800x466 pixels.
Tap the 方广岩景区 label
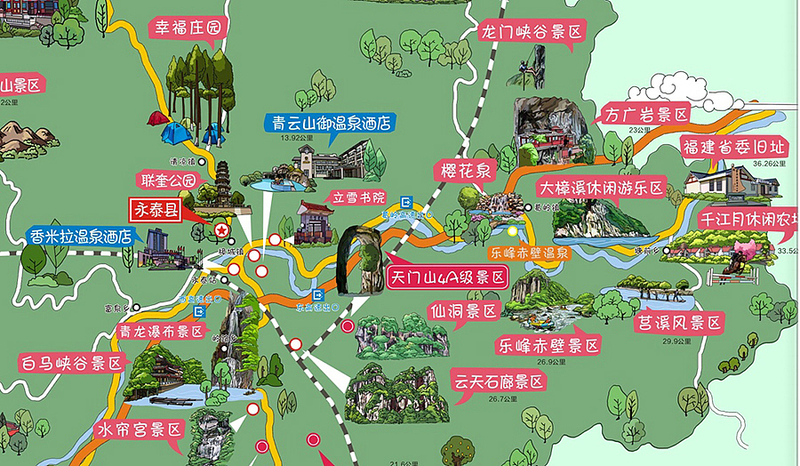646,115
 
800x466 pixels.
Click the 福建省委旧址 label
733,147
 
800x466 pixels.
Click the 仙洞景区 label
464,311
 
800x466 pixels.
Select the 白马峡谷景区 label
70,363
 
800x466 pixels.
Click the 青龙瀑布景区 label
161,332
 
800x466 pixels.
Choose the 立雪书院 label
361,197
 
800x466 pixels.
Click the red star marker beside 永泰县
220,230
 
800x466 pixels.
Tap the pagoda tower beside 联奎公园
221,181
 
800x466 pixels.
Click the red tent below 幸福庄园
159,117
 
